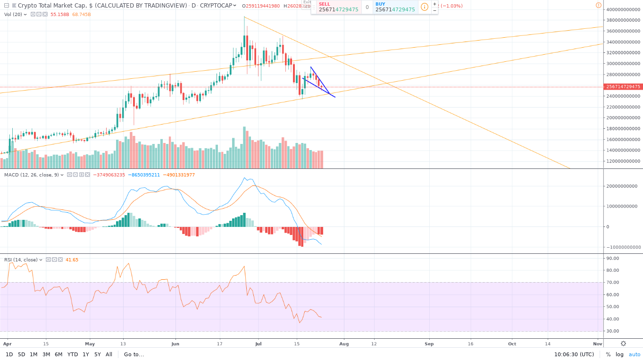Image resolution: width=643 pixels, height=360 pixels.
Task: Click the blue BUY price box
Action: (x=395, y=7)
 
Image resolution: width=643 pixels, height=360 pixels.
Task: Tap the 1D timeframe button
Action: (x=9, y=354)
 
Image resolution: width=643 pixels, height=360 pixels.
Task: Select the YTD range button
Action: (x=73, y=354)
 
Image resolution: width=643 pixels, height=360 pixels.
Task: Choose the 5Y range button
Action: (x=97, y=354)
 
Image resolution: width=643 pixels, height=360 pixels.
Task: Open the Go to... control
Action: (x=134, y=354)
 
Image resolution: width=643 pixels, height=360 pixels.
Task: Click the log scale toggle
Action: (x=619, y=354)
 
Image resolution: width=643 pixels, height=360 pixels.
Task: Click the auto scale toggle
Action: (x=635, y=354)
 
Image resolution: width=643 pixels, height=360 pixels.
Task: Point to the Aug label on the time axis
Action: (x=344, y=344)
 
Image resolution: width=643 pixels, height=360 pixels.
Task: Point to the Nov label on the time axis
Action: (x=597, y=344)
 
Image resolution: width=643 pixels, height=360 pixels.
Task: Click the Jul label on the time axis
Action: (x=258, y=344)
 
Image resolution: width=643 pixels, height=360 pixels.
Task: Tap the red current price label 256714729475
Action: (x=623, y=87)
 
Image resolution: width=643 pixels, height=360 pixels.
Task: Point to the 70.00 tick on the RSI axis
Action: (x=613, y=283)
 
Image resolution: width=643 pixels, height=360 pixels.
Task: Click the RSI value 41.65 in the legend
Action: (x=72, y=260)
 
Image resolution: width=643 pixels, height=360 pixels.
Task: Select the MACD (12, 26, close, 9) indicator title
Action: (x=32, y=175)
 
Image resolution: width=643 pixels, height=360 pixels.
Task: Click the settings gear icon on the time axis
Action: (x=623, y=343)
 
